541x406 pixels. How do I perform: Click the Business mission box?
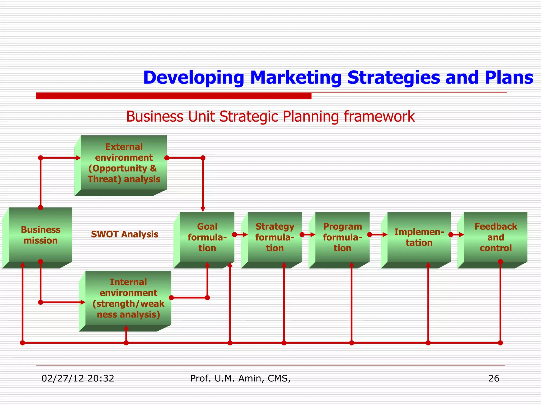click(x=40, y=235)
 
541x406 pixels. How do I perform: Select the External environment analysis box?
click(x=124, y=163)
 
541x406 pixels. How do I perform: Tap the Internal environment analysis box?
click(x=128, y=298)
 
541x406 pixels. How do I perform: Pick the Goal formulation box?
click(x=207, y=237)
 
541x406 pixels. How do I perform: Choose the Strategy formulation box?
click(x=275, y=237)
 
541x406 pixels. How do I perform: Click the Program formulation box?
click(x=342, y=237)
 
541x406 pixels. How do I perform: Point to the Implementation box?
click(x=419, y=237)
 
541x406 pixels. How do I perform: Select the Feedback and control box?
click(x=496, y=237)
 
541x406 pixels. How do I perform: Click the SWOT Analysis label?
click(x=124, y=234)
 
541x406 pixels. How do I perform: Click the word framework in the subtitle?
click(x=379, y=116)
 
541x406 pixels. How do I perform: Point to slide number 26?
click(x=493, y=379)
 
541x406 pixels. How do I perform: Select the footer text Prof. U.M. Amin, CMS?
click(x=240, y=379)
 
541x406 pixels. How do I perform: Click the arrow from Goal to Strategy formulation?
click(x=241, y=234)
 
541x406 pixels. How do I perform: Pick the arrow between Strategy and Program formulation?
click(x=308, y=234)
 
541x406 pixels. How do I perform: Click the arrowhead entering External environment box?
click(x=78, y=158)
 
